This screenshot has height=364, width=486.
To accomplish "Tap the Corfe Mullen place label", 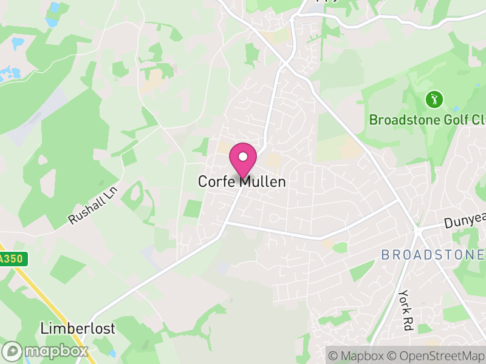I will point(242,181).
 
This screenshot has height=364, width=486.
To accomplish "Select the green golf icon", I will point(434,99).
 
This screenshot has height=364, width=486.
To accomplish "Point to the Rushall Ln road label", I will point(92,204).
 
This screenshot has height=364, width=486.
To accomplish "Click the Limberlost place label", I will point(77,329).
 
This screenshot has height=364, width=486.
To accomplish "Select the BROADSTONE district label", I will point(433,255).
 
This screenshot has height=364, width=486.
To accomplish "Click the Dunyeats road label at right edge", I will point(465,223).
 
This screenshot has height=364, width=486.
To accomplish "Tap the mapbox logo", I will point(46,351).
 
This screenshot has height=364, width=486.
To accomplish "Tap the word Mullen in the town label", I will point(262,181).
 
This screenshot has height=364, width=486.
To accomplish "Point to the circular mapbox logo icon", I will point(13,351).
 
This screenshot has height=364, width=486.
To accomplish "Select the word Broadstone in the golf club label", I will point(399,120).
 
